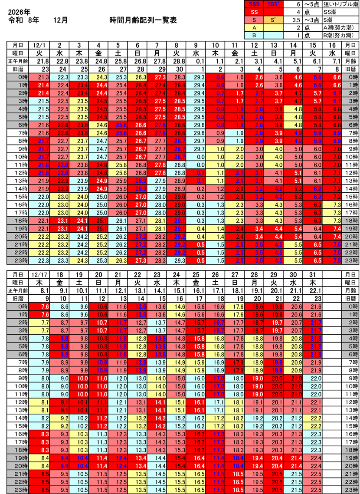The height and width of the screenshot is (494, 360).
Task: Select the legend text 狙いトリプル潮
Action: (337, 4)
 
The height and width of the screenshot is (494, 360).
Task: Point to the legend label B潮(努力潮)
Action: (338, 35)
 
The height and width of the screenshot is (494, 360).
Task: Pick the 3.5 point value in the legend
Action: (296, 20)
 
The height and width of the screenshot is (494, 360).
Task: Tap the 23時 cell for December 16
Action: (334, 260)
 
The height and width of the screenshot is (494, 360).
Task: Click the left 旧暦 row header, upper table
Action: (18, 69)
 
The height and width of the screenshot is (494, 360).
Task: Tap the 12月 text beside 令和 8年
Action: (61, 20)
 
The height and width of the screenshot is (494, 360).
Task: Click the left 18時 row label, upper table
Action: (18, 221)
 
